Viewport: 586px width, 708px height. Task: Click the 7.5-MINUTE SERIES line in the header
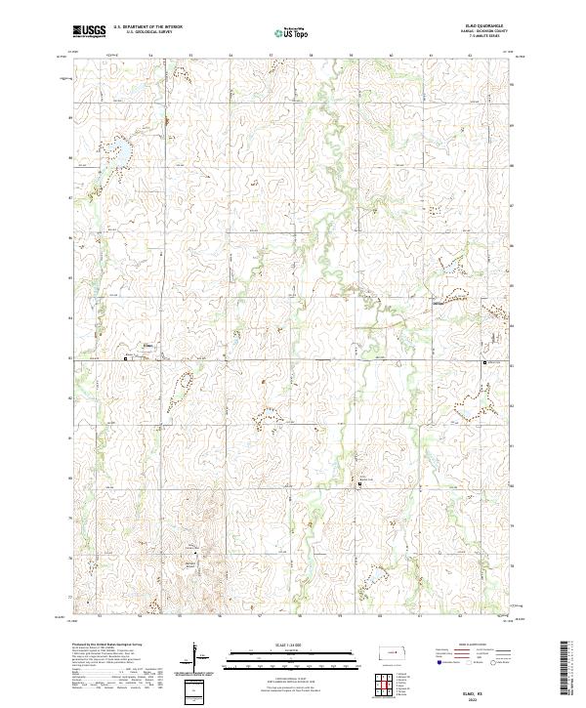point(489,38)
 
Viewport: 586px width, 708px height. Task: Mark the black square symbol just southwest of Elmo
point(126,359)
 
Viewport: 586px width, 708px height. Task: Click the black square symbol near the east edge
point(485,363)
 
